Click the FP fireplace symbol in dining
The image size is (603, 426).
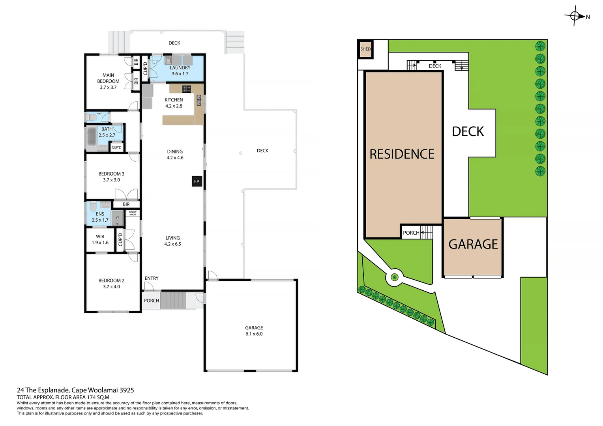click(x=197, y=181)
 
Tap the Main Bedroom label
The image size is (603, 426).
click(x=108, y=81)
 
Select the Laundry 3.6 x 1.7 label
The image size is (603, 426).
click(x=180, y=71)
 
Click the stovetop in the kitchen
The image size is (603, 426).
click(x=186, y=88)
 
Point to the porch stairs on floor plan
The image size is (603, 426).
click(x=173, y=301)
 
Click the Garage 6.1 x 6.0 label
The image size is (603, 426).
click(x=254, y=331)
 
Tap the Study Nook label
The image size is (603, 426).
click(x=133, y=213)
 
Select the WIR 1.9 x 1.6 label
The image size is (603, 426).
click(x=100, y=239)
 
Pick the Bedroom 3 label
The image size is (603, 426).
click(x=111, y=176)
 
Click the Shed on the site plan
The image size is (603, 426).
click(x=365, y=49)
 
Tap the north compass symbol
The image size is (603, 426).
click(x=575, y=16)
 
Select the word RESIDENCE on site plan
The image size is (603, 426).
click(x=402, y=154)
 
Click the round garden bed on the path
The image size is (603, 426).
click(x=394, y=277)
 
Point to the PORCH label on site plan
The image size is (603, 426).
click(x=411, y=233)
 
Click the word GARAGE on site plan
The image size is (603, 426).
click(x=473, y=244)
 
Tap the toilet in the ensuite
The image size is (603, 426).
click(x=92, y=207)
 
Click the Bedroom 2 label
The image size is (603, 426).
click(x=111, y=283)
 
